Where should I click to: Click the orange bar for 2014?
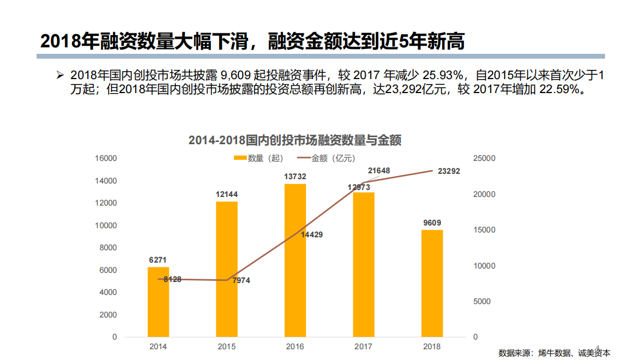pyautogui.click(x=158, y=302)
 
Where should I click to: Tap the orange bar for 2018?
pyautogui.click(x=432, y=283)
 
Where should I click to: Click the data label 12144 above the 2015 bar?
pyautogui.click(x=226, y=194)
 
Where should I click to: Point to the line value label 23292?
pyautogui.click(x=449, y=171)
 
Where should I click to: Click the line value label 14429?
pyautogui.click(x=312, y=235)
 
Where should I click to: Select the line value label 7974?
pyautogui.click(x=241, y=280)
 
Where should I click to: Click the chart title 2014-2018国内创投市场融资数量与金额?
pyautogui.click(x=295, y=141)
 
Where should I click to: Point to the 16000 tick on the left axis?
pyautogui.click(x=106, y=158)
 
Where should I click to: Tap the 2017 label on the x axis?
pyautogui.click(x=364, y=347)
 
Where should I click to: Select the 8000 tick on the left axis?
pyautogui.click(x=108, y=248)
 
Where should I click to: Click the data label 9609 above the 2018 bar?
pyautogui.click(x=432, y=223)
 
